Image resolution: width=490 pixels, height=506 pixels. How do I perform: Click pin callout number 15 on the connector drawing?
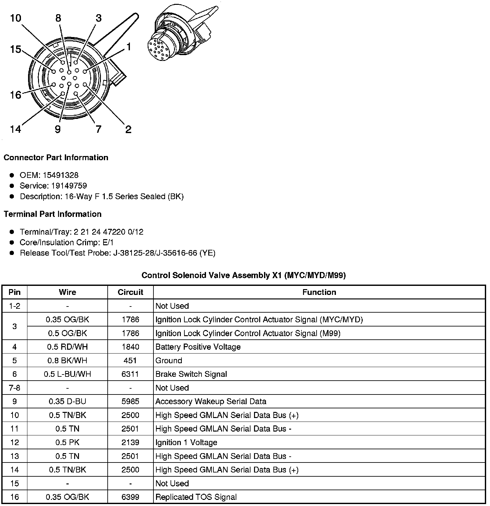tap(15, 49)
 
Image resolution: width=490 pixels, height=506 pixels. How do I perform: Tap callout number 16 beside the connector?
tap(15, 95)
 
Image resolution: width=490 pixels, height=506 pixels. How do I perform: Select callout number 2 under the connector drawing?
tap(128, 130)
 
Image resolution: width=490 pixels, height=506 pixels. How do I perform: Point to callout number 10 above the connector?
tap(15, 18)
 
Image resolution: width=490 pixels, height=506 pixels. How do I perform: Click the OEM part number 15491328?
tap(60, 175)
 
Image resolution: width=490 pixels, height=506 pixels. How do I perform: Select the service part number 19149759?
tap(69, 186)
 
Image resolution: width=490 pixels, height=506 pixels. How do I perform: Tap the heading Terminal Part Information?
tap(53, 214)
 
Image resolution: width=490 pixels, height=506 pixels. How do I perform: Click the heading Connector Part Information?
tap(56, 157)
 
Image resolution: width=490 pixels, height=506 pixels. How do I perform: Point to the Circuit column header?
tap(130, 292)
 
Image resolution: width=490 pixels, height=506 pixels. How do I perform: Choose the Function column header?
tap(319, 292)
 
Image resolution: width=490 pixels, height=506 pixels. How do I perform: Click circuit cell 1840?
tap(130, 347)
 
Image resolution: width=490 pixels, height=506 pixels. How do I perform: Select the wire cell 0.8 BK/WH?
tap(67, 360)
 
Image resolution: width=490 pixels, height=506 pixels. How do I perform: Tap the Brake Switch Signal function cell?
tap(191, 374)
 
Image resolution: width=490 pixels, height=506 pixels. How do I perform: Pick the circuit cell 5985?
tap(130, 401)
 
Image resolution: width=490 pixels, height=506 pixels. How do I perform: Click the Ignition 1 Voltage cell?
tap(186, 442)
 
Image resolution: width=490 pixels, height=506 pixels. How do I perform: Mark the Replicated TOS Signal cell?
tap(196, 497)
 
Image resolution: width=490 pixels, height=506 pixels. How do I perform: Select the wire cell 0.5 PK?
tap(67, 442)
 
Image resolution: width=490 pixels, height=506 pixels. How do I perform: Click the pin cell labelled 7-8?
tap(15, 388)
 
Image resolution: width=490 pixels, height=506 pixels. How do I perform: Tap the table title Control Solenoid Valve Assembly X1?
tap(243, 275)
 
